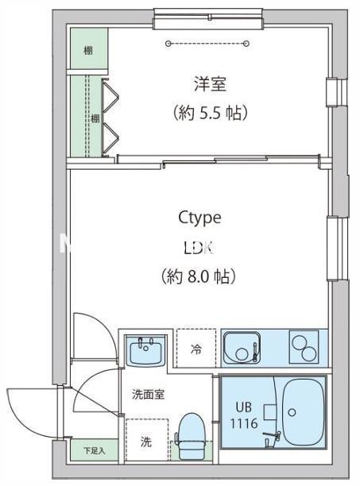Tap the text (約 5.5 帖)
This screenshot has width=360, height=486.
tap(210, 113)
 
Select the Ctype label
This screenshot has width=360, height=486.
tap(199, 218)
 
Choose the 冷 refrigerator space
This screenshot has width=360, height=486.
tap(195, 349)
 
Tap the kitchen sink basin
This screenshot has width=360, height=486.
tap(239, 347)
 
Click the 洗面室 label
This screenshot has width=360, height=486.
tap(149, 394)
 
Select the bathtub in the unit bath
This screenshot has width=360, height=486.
tap(303, 412)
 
